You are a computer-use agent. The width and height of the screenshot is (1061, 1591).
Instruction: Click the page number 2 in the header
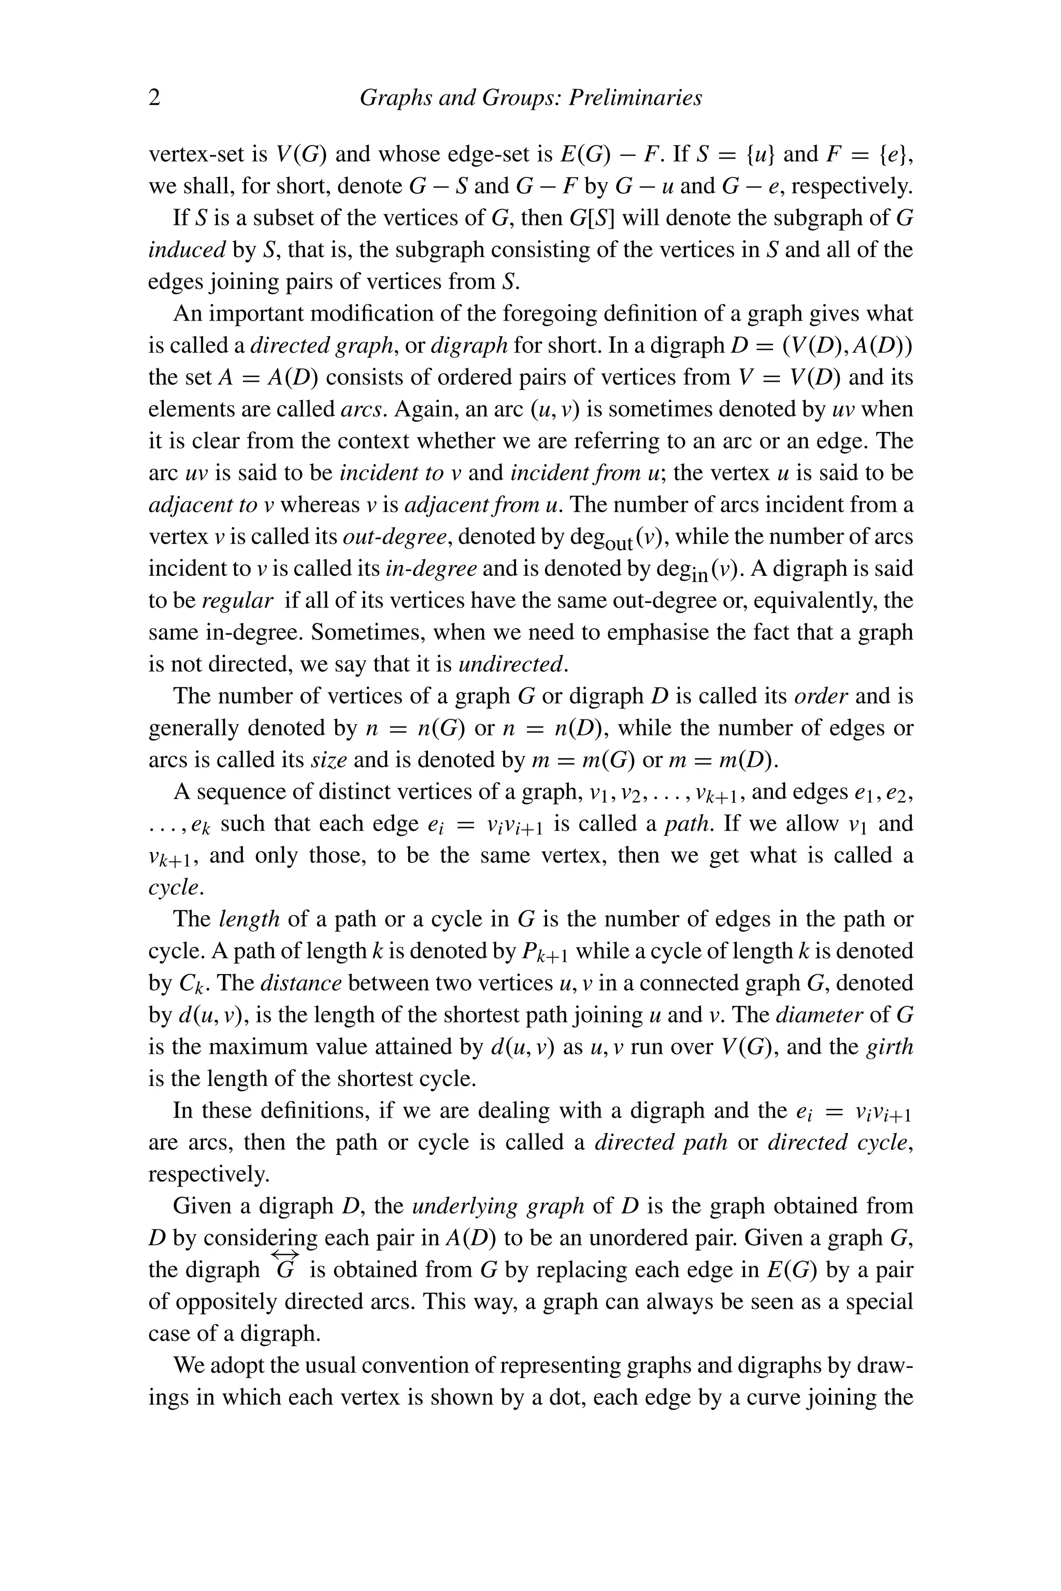tap(154, 98)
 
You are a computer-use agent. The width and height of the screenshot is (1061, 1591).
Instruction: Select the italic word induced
tap(187, 250)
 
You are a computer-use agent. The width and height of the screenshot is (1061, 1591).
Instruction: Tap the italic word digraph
tap(469, 345)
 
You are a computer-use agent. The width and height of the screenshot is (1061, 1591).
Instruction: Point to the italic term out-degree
tap(395, 537)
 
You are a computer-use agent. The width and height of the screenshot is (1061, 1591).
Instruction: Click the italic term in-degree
tap(431, 568)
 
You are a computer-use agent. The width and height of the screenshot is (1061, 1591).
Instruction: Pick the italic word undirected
tap(512, 664)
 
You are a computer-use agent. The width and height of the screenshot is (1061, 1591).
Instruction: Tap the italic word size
tap(329, 760)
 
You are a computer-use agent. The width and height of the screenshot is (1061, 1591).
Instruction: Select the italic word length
tap(250, 919)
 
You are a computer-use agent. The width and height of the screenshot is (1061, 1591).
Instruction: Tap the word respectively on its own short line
tap(208, 1174)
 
